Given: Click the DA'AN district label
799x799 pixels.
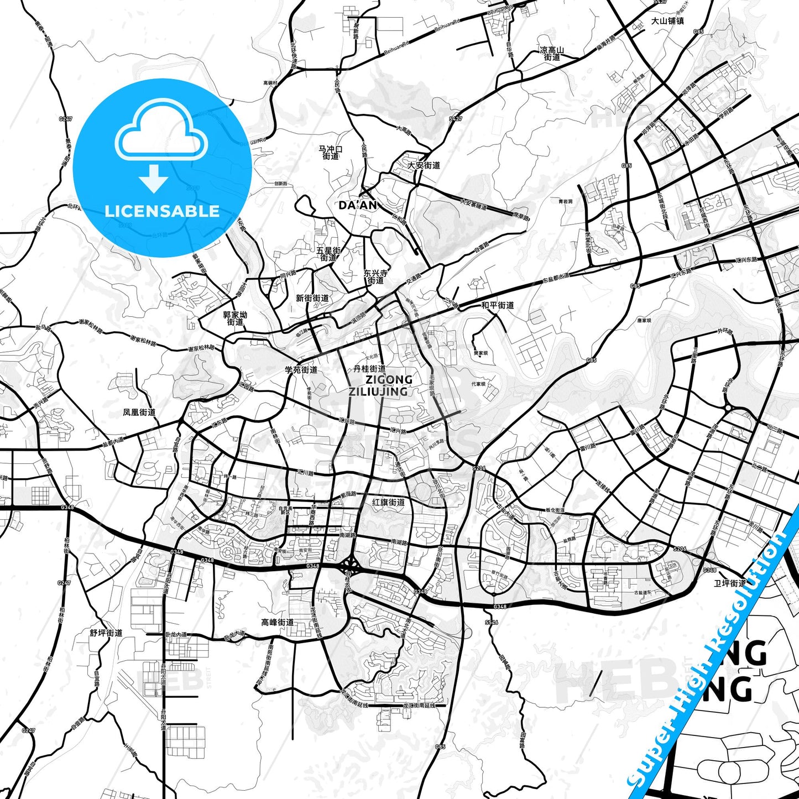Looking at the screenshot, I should coord(358,206).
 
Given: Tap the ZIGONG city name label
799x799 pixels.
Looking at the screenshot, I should coord(389,379).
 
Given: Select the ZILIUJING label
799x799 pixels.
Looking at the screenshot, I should coord(378,391).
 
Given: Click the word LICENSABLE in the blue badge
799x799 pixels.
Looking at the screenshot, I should coord(162,211).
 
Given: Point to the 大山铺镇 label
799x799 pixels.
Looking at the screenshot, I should coord(667,21).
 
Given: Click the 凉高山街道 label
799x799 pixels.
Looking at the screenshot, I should coord(552,54).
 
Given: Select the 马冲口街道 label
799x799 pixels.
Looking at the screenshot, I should coord(331,153).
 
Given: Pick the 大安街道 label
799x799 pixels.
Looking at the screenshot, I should coord(424,165).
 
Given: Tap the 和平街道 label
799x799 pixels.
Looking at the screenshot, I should coord(497,305).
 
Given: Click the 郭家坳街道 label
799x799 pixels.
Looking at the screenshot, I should coord(235,318).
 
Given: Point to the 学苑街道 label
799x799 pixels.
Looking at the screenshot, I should coord(301,369).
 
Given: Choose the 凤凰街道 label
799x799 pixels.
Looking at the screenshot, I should coord(139,412).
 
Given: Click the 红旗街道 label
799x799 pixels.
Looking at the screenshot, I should coord(388,502).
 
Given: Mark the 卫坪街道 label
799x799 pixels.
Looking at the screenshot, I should coord(729,583).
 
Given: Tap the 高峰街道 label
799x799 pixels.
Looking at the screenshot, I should coord(278,622).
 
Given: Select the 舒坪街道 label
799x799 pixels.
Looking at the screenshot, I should coord(106,633).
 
